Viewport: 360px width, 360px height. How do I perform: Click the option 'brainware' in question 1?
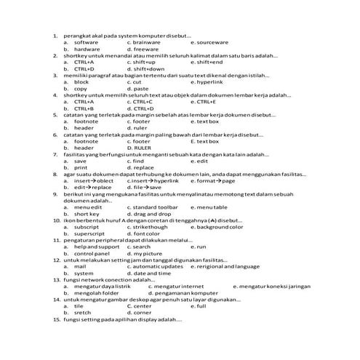tap(148, 42)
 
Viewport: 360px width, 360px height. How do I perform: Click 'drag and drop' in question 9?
tap(153, 214)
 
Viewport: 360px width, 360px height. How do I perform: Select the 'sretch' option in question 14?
tap(82, 313)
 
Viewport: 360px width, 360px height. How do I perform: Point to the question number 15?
tap(57, 319)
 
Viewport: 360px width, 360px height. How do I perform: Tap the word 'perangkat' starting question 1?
tap(78, 36)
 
